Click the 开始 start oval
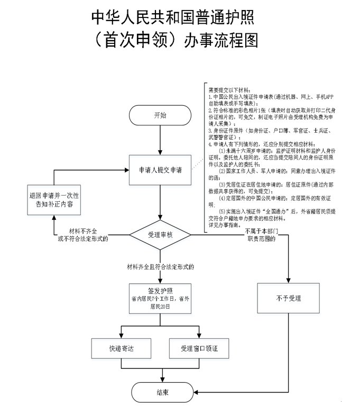click(159, 115)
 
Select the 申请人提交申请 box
click(159, 171)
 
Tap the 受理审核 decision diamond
click(159, 235)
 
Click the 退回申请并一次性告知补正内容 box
click(54, 199)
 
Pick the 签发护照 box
click(159, 299)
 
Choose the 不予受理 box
click(289, 299)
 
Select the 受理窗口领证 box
click(200, 349)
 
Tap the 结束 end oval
click(163, 392)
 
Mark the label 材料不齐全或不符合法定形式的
click(85, 235)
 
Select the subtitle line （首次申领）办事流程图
click(173, 41)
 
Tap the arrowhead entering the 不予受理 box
click(289, 279)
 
